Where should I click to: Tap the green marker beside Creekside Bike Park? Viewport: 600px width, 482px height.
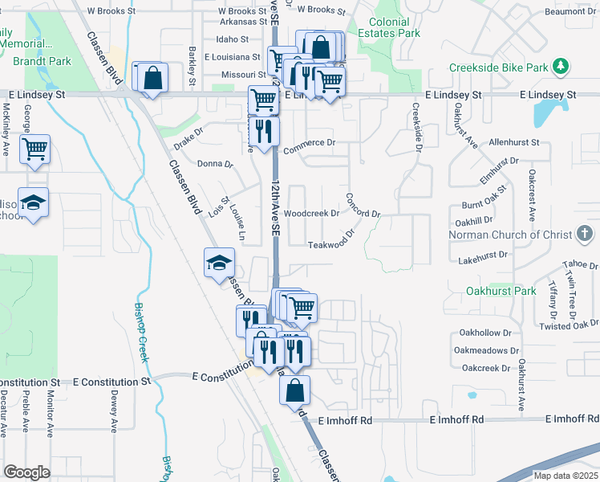pyautogui.click(x=563, y=65)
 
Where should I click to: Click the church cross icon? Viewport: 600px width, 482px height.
pyautogui.click(x=587, y=235)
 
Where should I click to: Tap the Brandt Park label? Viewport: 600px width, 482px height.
pyautogui.click(x=42, y=61)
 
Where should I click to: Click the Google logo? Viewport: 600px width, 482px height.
pyautogui.click(x=26, y=472)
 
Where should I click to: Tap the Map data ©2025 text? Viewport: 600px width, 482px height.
pyautogui.click(x=566, y=476)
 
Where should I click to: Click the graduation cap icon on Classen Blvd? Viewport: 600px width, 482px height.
pyautogui.click(x=219, y=263)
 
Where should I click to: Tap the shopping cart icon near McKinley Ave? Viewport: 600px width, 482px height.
pyautogui.click(x=34, y=149)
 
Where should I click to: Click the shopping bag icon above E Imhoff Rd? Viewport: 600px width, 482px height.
pyautogui.click(x=295, y=390)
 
